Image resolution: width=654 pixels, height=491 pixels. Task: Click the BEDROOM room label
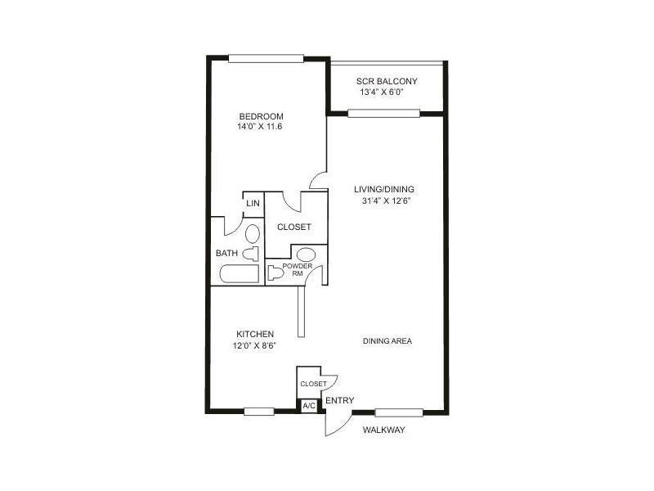[261, 116]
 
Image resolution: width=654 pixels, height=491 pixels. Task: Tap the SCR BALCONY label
[387, 81]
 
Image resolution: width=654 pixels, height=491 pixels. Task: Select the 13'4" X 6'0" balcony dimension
[382, 92]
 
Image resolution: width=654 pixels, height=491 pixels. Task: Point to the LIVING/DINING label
[384, 189]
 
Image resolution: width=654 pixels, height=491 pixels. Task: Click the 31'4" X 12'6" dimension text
[387, 200]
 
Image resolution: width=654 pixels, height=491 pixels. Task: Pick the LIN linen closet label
[253, 203]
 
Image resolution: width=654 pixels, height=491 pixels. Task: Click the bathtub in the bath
[240, 274]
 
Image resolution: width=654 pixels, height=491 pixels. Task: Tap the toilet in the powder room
[275, 273]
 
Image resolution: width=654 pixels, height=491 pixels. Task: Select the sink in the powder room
[306, 255]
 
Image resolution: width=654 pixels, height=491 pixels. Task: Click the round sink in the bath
[253, 234]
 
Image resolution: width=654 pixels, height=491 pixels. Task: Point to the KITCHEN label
[255, 334]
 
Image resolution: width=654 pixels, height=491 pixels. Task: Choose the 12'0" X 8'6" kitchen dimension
[255, 345]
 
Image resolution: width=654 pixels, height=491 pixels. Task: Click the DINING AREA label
[387, 341]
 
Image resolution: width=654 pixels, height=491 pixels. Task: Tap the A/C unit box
[309, 405]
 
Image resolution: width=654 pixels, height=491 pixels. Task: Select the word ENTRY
[340, 401]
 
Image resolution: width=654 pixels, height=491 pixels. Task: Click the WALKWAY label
[383, 430]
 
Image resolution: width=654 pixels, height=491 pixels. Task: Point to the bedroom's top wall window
[267, 58]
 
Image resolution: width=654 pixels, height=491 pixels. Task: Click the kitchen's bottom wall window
[259, 412]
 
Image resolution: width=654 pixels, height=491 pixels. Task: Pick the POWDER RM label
[298, 270]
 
